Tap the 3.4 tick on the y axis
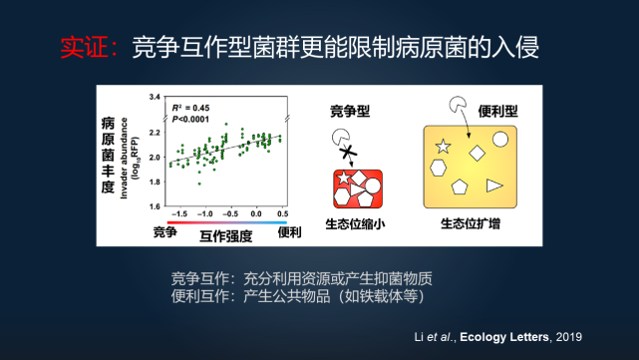coord(155,97)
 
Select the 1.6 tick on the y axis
coord(155,206)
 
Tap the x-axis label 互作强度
coord(225,235)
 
